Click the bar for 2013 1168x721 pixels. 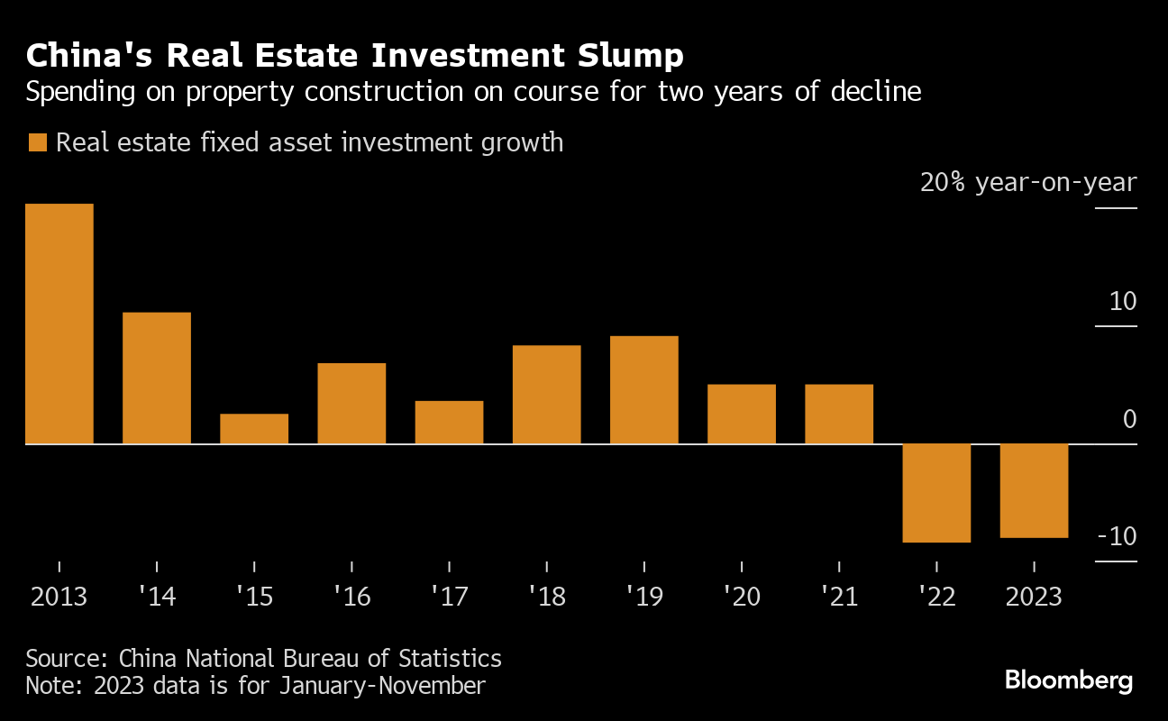pos(59,324)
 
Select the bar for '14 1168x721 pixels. pos(157,378)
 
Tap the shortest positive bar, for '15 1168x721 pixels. pos(254,429)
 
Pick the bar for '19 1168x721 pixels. pos(644,389)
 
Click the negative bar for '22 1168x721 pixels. pos(936,493)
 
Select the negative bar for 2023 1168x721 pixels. pos(1034,490)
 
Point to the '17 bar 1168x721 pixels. pos(449,422)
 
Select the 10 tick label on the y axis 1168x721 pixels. pos(1124,302)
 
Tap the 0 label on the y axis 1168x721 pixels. pos(1130,420)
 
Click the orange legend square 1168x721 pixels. pos(37,143)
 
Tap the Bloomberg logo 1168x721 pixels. pos(1069,680)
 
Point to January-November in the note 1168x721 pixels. pos(382,686)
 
